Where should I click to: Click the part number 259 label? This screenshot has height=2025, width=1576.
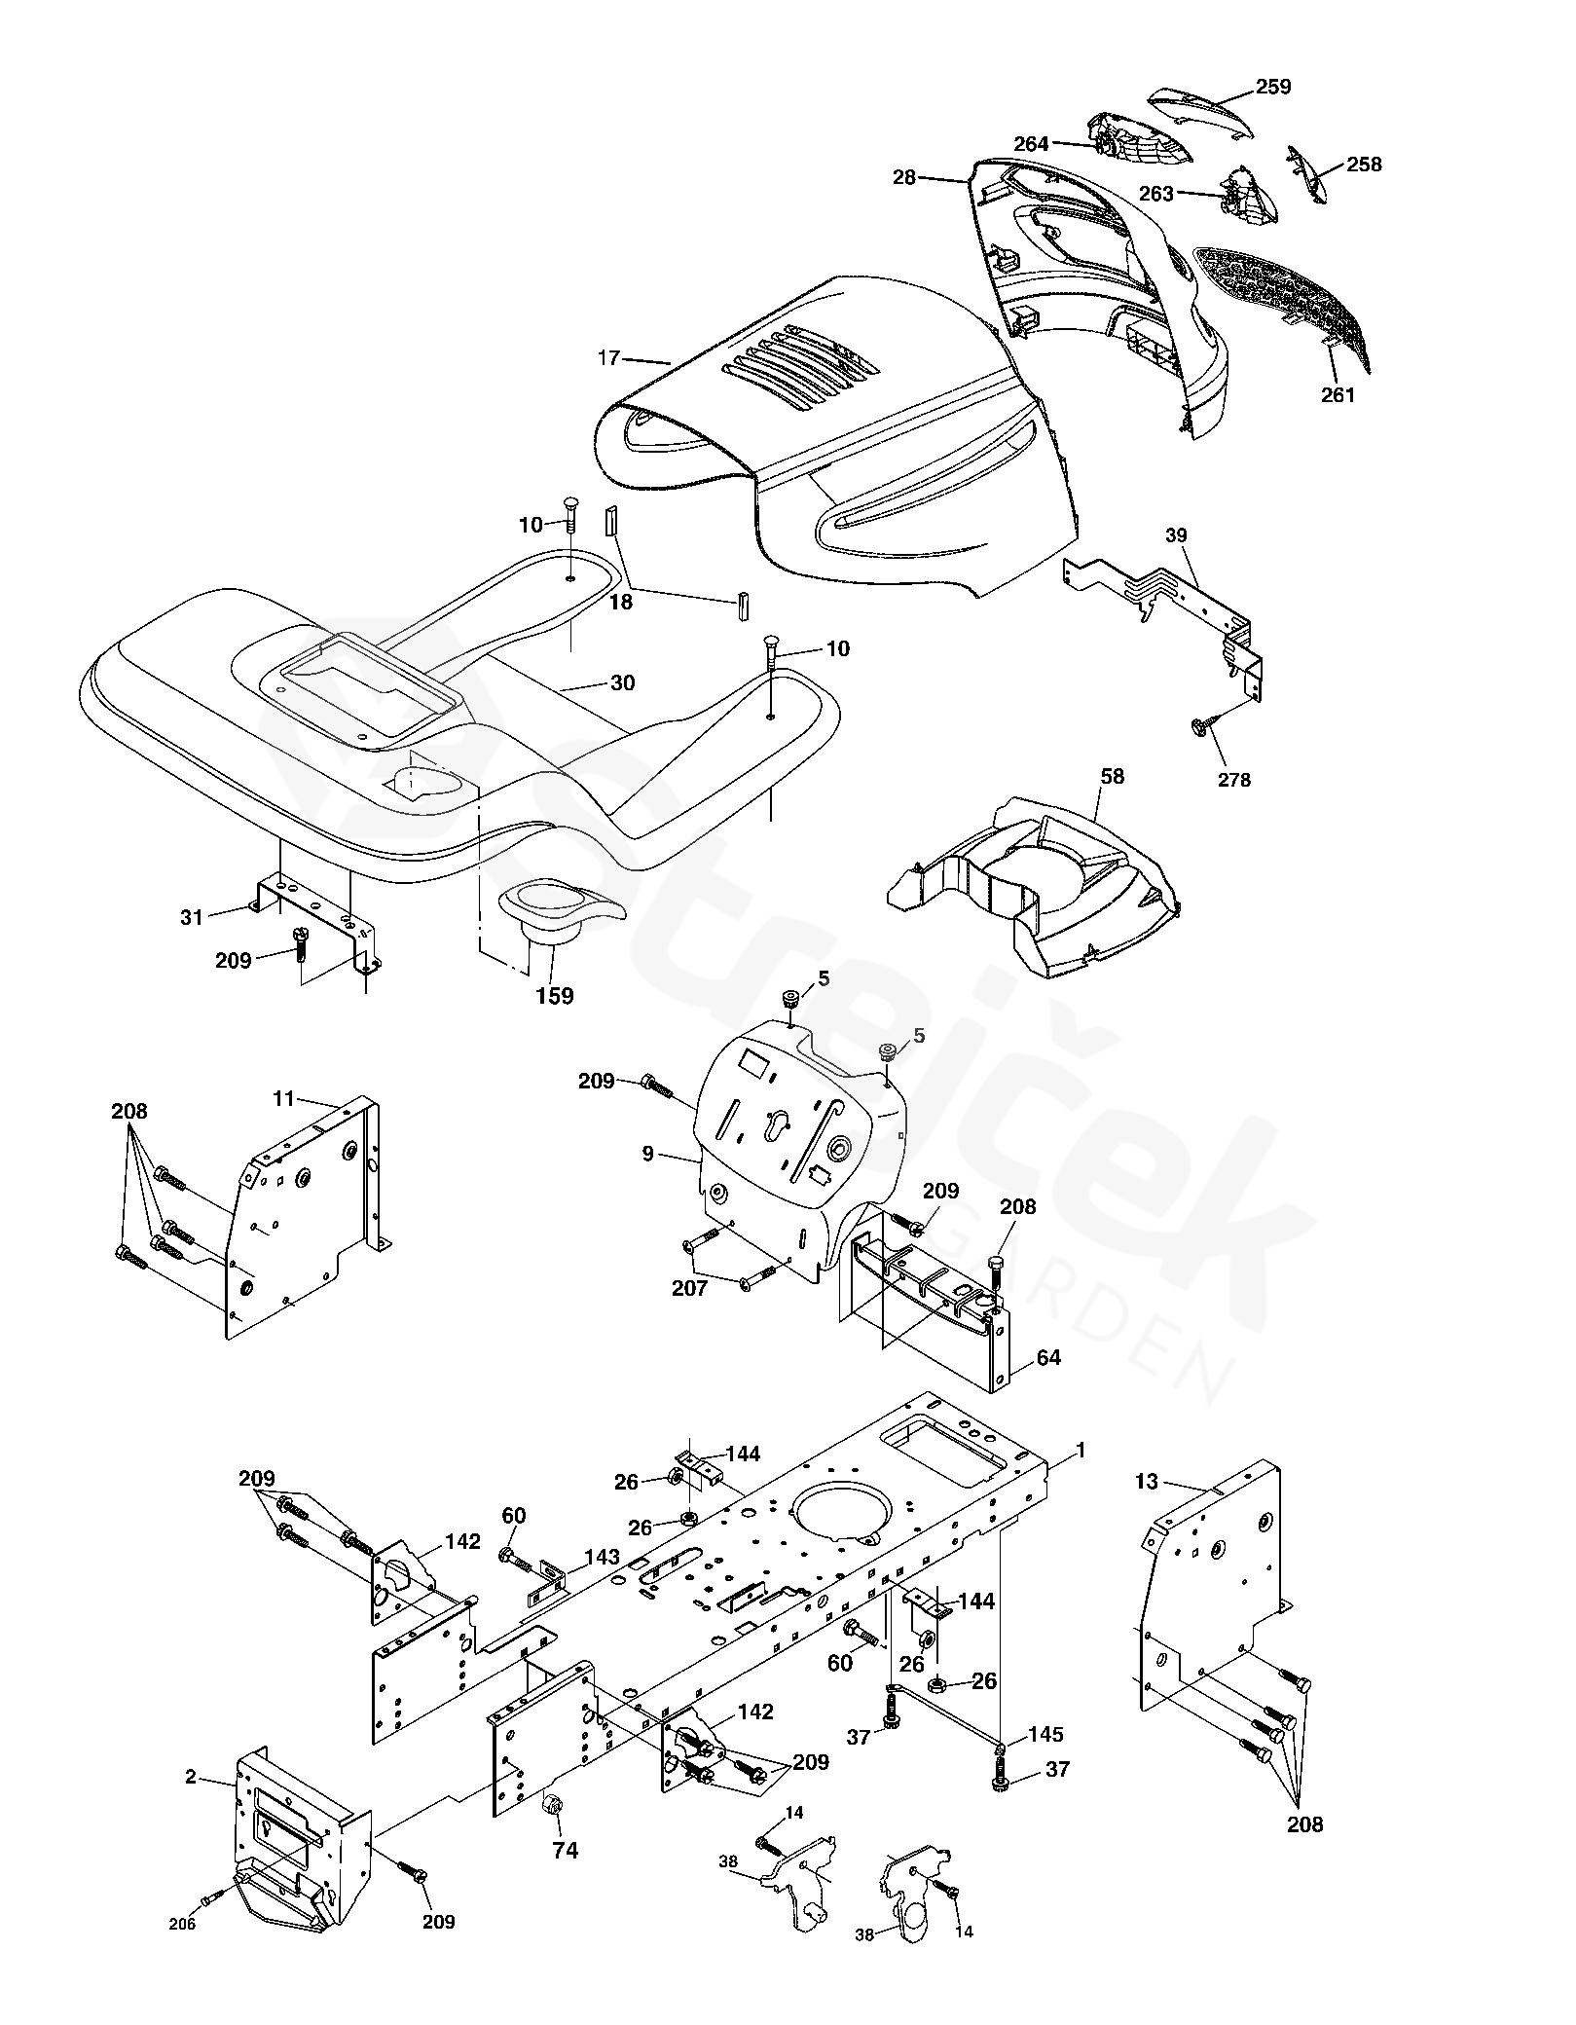[1272, 87]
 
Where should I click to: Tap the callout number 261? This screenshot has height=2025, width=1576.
[1338, 394]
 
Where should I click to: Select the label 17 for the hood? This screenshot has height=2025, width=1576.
[608, 358]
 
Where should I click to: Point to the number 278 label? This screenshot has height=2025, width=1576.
[1234, 779]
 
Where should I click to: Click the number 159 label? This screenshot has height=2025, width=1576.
[555, 996]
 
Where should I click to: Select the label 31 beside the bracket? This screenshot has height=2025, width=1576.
[192, 916]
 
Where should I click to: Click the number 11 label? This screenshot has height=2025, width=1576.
[283, 1099]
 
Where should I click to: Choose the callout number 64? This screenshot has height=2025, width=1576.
[1048, 1357]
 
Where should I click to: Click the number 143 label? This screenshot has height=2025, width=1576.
[603, 1557]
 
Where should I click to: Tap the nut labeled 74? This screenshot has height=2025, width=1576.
[549, 1801]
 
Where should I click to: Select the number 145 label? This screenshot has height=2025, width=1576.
[1045, 1734]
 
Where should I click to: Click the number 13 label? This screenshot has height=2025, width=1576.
[1147, 1509]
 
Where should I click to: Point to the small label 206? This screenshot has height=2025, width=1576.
[182, 1896]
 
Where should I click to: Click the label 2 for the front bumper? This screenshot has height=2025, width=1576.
[191, 1777]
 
